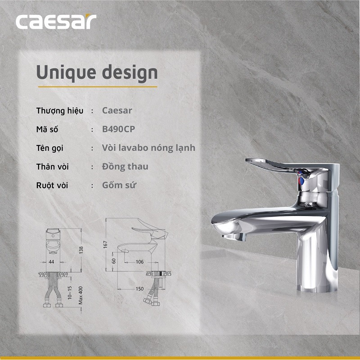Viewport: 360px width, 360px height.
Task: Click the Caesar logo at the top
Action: pos(56,22)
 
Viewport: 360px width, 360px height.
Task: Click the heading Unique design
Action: pos(97,72)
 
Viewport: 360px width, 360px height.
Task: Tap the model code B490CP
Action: pos(119,129)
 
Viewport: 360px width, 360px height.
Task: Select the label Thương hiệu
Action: pos(62,111)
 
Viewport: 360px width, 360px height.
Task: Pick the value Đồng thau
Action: pos(125,166)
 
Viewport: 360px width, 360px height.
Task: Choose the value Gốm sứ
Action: pos(119,185)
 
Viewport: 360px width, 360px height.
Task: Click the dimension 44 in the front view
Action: pos(51,261)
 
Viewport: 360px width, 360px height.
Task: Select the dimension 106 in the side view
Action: pos(139,261)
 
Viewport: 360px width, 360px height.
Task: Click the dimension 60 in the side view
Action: pos(113,261)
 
